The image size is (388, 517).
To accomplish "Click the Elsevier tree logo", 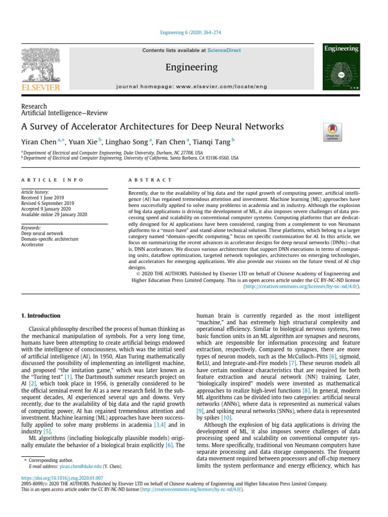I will (x=40, y=66).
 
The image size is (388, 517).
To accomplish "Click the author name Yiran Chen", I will (x=38, y=142).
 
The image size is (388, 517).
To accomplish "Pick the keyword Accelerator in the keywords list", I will (x=33, y=245).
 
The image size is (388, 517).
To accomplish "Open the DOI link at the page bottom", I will (x=62, y=478).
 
